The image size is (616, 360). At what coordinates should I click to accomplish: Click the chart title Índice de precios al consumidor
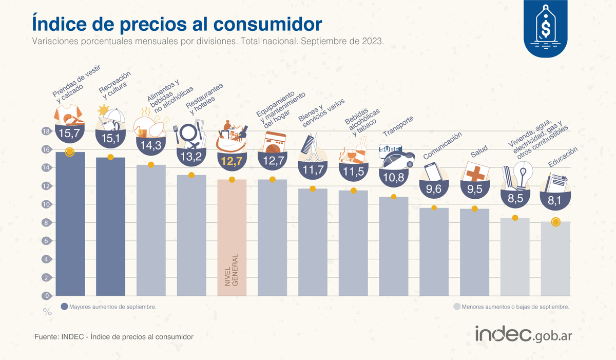point(177,23)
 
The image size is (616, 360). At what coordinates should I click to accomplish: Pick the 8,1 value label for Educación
point(555,201)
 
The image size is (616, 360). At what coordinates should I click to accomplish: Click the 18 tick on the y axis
point(46,131)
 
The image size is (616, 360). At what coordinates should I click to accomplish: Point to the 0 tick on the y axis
point(46,296)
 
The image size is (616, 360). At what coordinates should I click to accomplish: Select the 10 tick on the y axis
point(46,204)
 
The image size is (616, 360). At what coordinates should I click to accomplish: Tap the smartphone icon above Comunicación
point(433,172)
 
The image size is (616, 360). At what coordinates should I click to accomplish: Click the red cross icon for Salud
point(474,171)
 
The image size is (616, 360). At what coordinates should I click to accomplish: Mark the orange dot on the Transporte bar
point(394,197)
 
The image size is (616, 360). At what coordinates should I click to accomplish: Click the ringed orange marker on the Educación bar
point(555,222)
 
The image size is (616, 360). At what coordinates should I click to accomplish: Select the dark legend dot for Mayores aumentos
point(64,306)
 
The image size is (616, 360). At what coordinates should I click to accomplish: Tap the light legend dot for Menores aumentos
point(456,306)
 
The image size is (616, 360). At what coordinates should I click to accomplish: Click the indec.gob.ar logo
point(523,334)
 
